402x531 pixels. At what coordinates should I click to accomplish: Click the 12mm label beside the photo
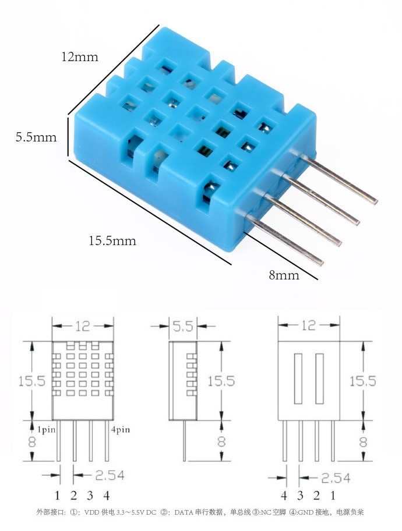pyautogui.click(x=81, y=57)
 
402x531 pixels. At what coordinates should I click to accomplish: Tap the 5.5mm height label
pyautogui.click(x=36, y=137)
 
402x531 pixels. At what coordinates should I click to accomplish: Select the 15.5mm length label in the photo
pyautogui.click(x=112, y=240)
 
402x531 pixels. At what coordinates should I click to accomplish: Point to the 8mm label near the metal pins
pyautogui.click(x=284, y=275)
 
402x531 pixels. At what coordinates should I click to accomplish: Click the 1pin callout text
pyautogui.click(x=47, y=430)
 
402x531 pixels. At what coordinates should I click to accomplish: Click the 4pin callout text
pyautogui.click(x=120, y=430)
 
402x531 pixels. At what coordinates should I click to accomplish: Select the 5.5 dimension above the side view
pyautogui.click(x=182, y=327)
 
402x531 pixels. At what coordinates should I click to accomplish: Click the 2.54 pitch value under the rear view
pyautogui.click(x=334, y=478)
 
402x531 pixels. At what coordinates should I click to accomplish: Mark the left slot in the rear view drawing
pyautogui.click(x=299, y=378)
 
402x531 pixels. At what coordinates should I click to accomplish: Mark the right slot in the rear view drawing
pyautogui.click(x=319, y=378)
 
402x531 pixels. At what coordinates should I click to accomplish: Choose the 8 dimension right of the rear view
pyautogui.click(x=363, y=441)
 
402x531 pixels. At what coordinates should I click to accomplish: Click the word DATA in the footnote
pyautogui.click(x=184, y=512)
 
